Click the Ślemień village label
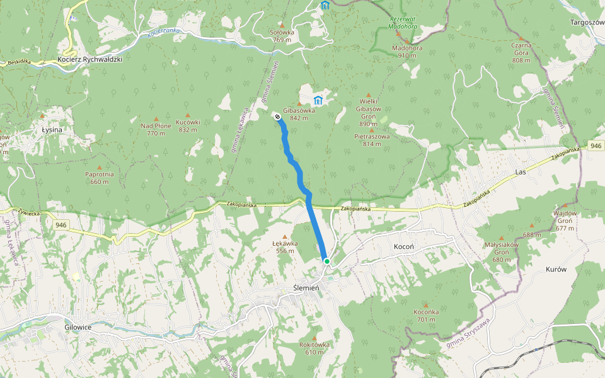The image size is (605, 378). pyautogui.click(x=307, y=288)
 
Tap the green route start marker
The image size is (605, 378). pyautogui.click(x=326, y=261)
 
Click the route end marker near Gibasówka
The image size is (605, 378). pyautogui.click(x=277, y=115)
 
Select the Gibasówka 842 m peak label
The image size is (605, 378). pyautogui.click(x=299, y=114)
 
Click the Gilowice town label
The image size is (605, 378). pyautogui.click(x=78, y=327)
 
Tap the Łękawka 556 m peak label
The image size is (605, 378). pyautogui.click(x=284, y=246)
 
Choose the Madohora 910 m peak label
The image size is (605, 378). pyautogui.click(x=407, y=51)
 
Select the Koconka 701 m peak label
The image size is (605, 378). pyautogui.click(x=425, y=316)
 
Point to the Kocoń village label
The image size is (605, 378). pyautogui.click(x=403, y=246)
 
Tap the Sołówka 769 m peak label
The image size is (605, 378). pyautogui.click(x=282, y=36)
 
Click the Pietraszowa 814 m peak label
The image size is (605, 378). pyautogui.click(x=372, y=140)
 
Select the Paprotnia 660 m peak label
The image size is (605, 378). pyautogui.click(x=100, y=178)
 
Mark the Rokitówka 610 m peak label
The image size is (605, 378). pyautogui.click(x=314, y=348)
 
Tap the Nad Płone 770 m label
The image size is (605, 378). pyautogui.click(x=156, y=129)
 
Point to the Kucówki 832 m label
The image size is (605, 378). pyautogui.click(x=188, y=125)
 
